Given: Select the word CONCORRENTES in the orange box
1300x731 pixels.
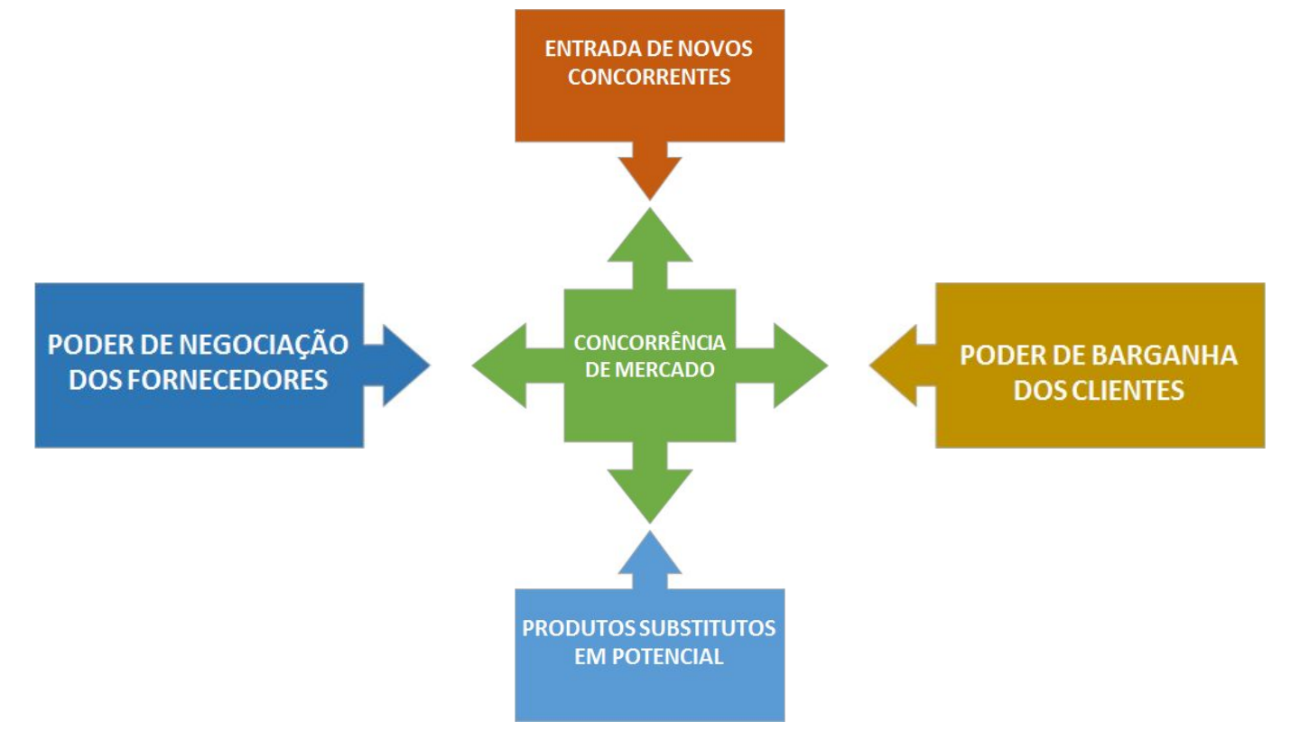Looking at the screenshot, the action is [649, 78].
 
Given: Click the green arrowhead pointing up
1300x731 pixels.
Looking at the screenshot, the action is [649, 235].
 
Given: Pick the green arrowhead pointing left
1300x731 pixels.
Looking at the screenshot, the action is [499, 365].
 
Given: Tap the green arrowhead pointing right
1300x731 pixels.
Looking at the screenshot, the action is [801, 365].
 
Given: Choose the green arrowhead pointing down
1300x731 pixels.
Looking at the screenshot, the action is [649, 496].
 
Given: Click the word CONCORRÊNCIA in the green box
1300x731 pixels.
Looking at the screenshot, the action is [649, 343].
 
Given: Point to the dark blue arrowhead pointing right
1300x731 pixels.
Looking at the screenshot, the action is [406, 365].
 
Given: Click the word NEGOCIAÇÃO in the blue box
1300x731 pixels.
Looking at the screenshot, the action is [264, 345].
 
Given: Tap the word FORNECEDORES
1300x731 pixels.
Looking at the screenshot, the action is [227, 380].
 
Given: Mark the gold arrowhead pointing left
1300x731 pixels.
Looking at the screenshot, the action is [893, 365].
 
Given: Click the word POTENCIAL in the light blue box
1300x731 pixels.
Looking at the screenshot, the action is [667, 657].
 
